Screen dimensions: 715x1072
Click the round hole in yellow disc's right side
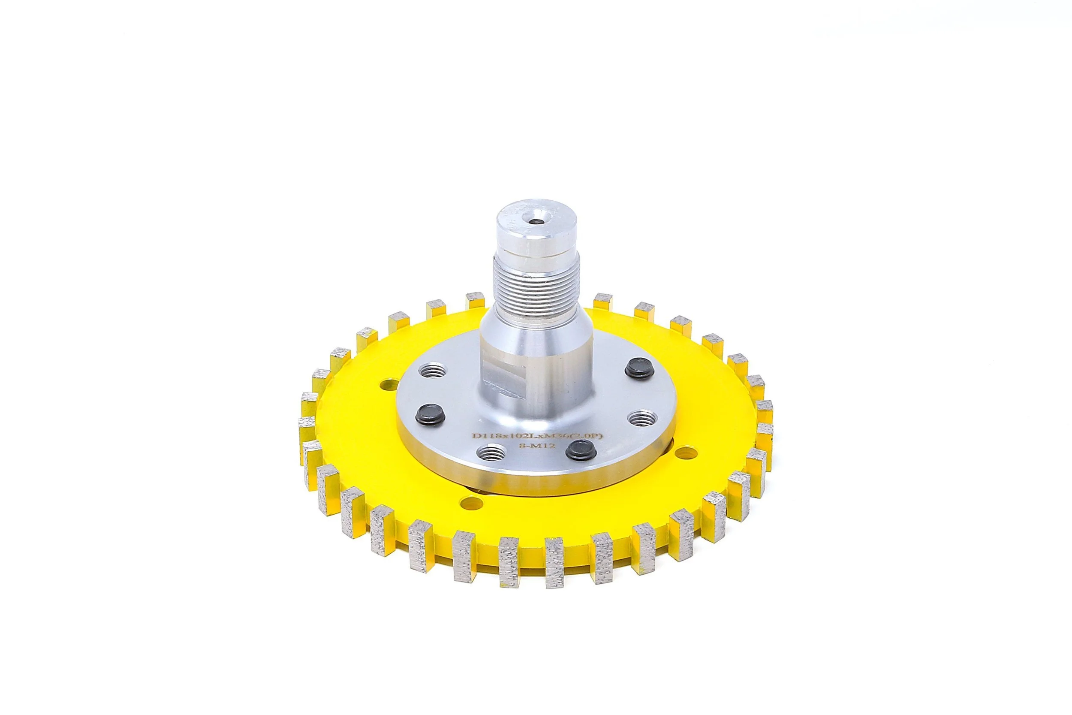point(686,453)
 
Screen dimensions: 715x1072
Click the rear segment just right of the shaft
point(603,301)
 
